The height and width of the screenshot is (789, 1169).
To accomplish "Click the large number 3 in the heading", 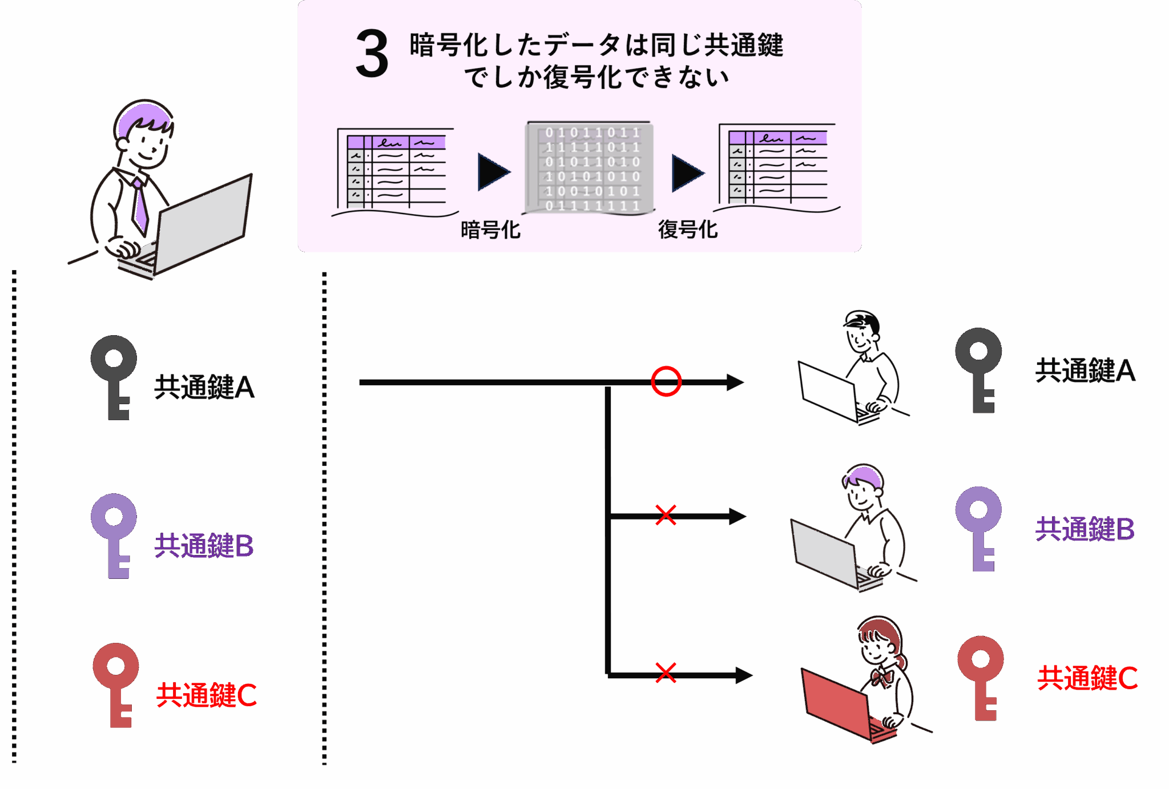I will click(x=372, y=55).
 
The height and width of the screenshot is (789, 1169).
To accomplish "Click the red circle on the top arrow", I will click(x=666, y=381).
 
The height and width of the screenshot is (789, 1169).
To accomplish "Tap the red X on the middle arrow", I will click(x=666, y=515).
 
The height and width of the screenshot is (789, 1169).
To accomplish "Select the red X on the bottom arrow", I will click(x=666, y=673).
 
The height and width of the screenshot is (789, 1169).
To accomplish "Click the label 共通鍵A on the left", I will click(x=204, y=387).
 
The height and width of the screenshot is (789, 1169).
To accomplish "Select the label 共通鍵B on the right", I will click(x=1085, y=529).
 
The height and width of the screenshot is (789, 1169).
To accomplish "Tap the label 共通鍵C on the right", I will click(x=1087, y=678).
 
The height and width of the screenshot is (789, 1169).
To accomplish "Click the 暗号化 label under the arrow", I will click(x=490, y=230).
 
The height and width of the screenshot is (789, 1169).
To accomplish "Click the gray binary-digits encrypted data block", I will click(x=590, y=168).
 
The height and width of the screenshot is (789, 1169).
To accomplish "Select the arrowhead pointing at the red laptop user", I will click(x=743, y=675).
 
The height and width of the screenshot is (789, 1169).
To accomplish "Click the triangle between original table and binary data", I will click(x=493, y=172).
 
